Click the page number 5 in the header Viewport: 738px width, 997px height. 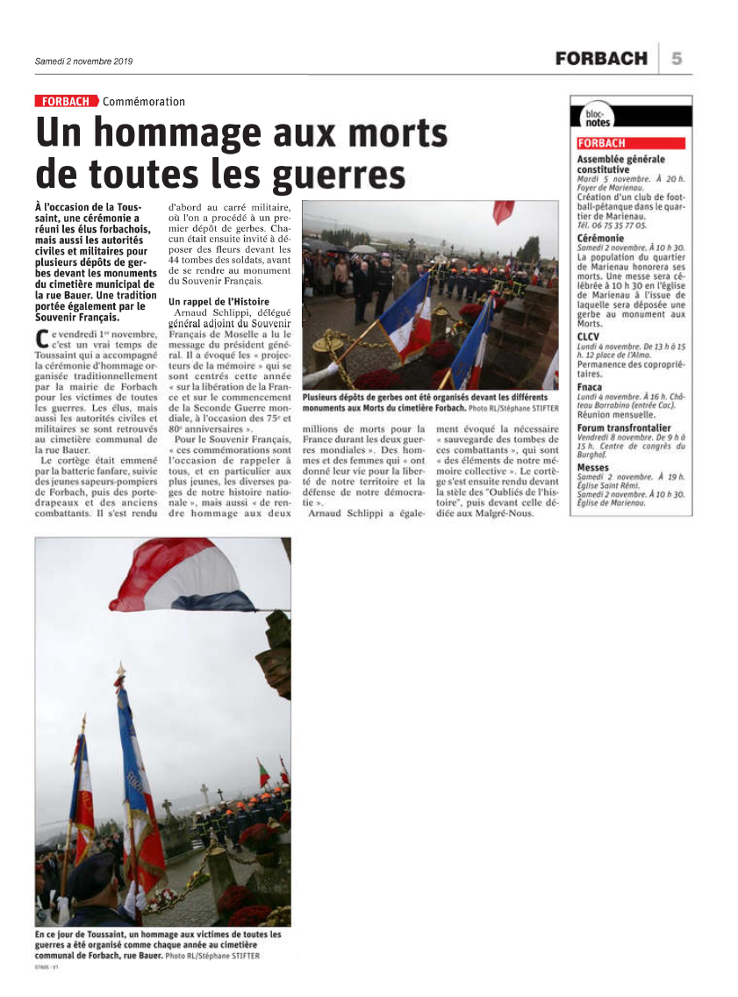tap(677, 59)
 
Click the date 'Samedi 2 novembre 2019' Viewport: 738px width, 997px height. tap(83, 61)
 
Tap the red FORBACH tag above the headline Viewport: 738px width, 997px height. tap(65, 101)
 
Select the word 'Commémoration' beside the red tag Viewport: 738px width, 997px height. tap(144, 101)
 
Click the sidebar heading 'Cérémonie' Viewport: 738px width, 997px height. tap(601, 239)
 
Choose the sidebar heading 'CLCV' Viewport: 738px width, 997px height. tap(588, 337)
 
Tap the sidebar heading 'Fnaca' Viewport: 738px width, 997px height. tap(590, 386)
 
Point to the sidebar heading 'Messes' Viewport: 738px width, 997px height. tap(592, 468)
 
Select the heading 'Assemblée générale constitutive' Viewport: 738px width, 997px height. tap(620, 164)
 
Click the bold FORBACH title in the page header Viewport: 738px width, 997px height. tap(601, 59)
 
